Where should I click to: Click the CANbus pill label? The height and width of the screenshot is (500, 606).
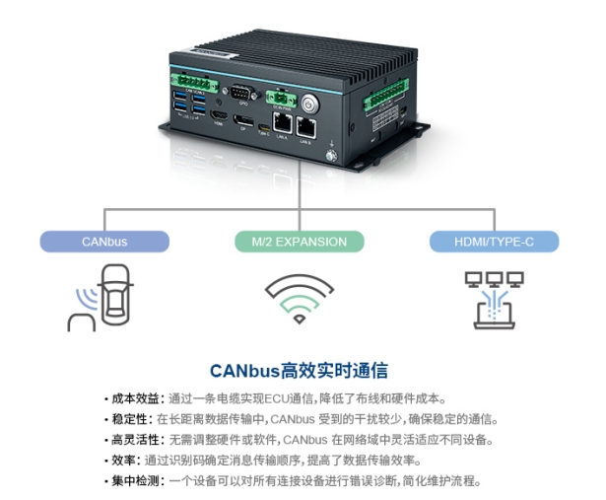pyautogui.click(x=103, y=241)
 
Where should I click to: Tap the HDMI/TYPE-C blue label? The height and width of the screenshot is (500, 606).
pyautogui.click(x=494, y=241)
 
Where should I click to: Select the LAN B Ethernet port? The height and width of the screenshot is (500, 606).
pyautogui.click(x=306, y=125)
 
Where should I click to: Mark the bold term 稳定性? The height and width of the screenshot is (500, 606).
pyautogui.click(x=125, y=419)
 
